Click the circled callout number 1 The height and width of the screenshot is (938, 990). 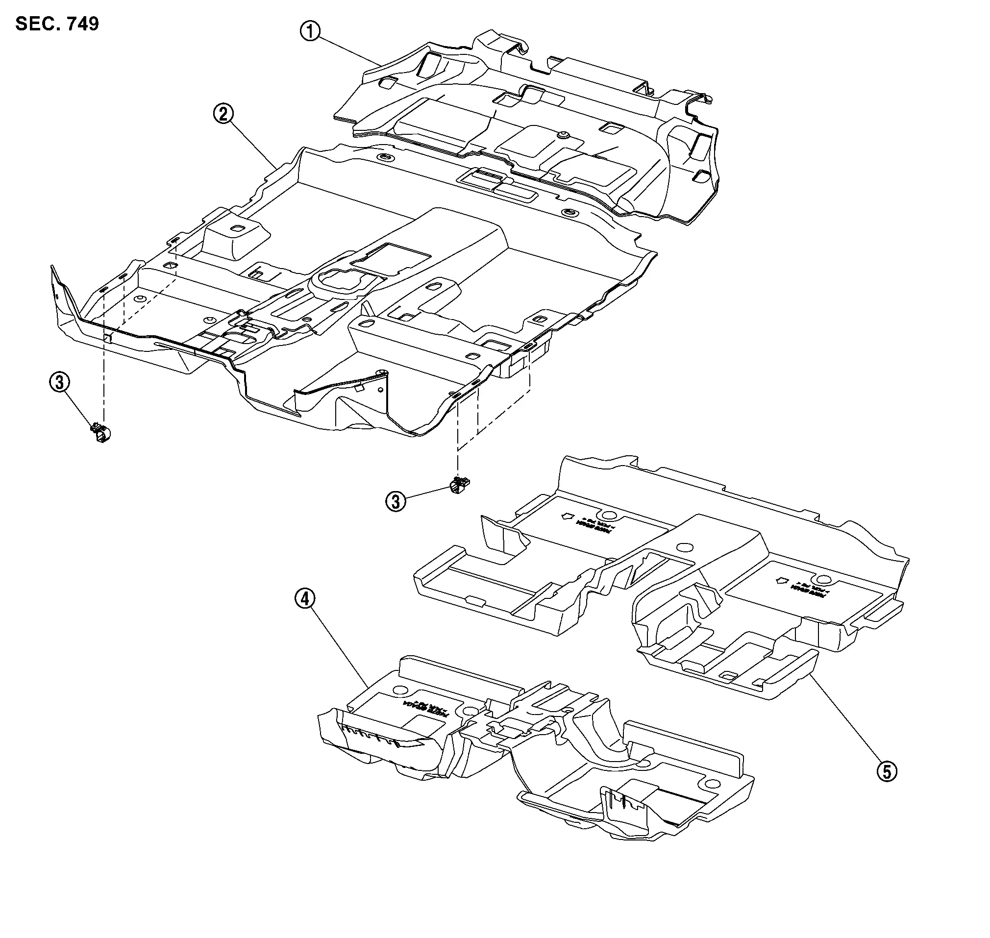pyautogui.click(x=310, y=31)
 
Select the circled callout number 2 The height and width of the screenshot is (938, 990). pyautogui.click(x=223, y=115)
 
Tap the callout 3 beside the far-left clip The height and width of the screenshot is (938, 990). pyautogui.click(x=59, y=383)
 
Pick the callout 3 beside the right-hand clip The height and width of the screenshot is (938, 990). pyautogui.click(x=396, y=501)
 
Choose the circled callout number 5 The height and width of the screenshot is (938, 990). pyautogui.click(x=887, y=771)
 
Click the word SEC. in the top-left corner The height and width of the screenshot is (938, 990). pyautogui.click(x=34, y=24)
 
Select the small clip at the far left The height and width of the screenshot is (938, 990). pyautogui.click(x=101, y=433)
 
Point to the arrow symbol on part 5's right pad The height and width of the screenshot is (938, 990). pyautogui.click(x=781, y=581)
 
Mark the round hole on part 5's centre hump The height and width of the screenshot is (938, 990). pyautogui.click(x=685, y=546)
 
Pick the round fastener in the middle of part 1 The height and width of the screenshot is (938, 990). pyautogui.click(x=564, y=134)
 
